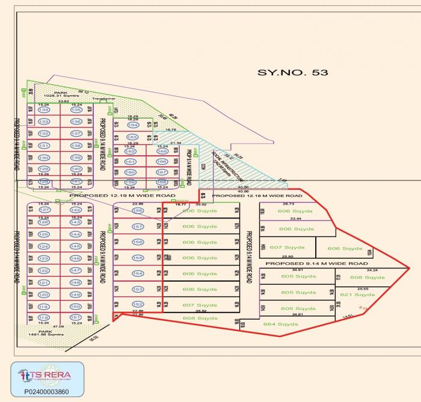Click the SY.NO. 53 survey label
[x=293, y=73]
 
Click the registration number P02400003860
[x=47, y=392]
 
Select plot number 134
[x=43, y=110]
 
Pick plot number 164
[x=133, y=125]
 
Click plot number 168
[x=162, y=182]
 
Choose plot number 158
[x=138, y=211]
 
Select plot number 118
[x=43, y=317]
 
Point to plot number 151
[x=76, y=317]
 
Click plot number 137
[x=76, y=134]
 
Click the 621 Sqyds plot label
[x=357, y=295]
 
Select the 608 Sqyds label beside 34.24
[x=367, y=277]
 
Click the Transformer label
[x=103, y=98]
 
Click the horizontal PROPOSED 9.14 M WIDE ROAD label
[x=316, y=264]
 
